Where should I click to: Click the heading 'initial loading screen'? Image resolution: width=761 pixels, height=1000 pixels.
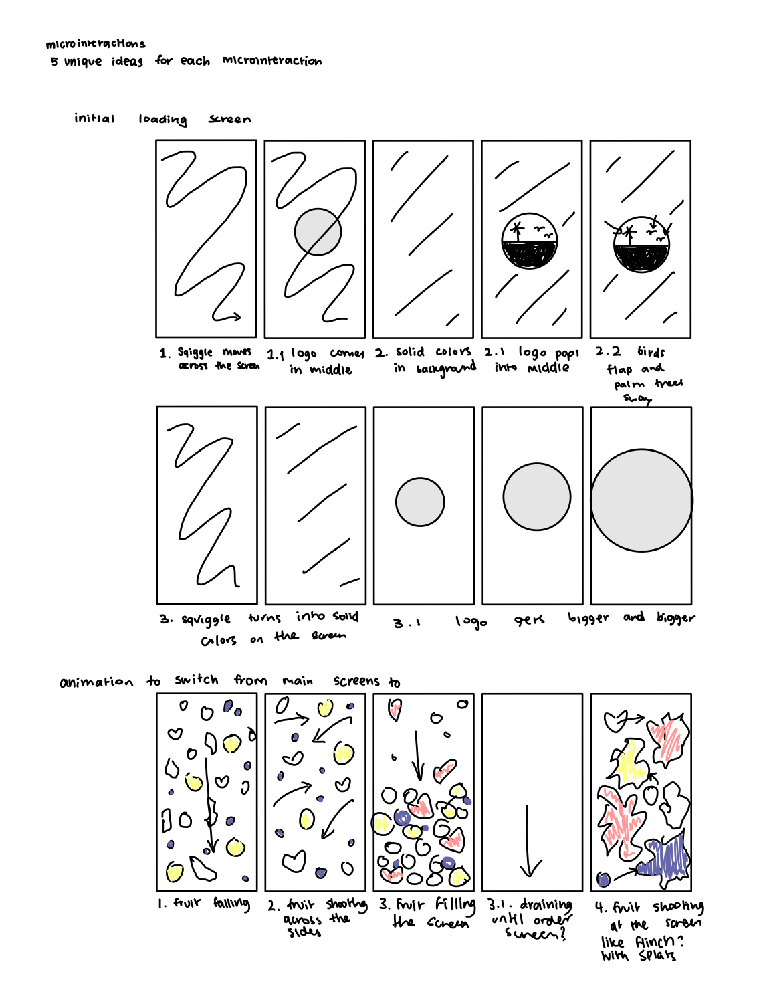click(x=162, y=119)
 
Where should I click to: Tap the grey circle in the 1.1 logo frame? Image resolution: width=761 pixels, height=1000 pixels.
click(x=318, y=232)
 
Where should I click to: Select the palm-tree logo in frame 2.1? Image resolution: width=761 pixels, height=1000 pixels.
click(x=529, y=243)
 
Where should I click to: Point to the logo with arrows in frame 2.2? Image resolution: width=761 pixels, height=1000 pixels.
click(x=641, y=245)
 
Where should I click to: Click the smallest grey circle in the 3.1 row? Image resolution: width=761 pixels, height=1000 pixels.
click(x=420, y=502)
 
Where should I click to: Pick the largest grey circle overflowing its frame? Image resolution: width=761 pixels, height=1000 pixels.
click(x=641, y=500)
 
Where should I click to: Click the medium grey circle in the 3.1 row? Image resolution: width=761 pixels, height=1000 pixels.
click(x=536, y=497)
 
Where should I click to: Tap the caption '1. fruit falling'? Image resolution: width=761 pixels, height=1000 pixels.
click(x=204, y=904)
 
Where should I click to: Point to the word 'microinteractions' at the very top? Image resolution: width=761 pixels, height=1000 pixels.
click(x=95, y=44)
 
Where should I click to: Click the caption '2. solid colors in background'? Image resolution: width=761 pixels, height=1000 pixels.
click(x=426, y=360)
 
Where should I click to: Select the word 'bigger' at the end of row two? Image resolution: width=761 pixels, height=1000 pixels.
click(x=675, y=617)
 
